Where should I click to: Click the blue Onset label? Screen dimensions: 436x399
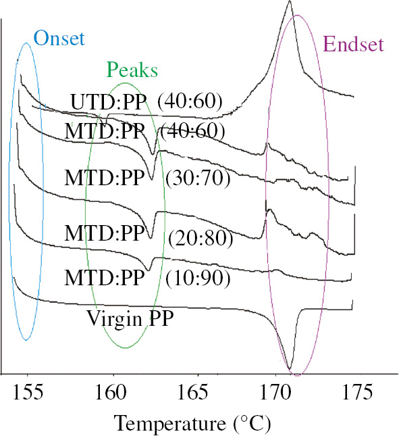coord(59,39)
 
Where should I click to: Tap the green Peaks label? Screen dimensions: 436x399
coord(132,70)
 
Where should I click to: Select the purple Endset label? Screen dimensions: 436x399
coord(353,45)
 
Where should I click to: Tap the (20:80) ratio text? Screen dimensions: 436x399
coord(201,239)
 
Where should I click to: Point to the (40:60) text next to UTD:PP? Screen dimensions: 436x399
coord(190,101)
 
